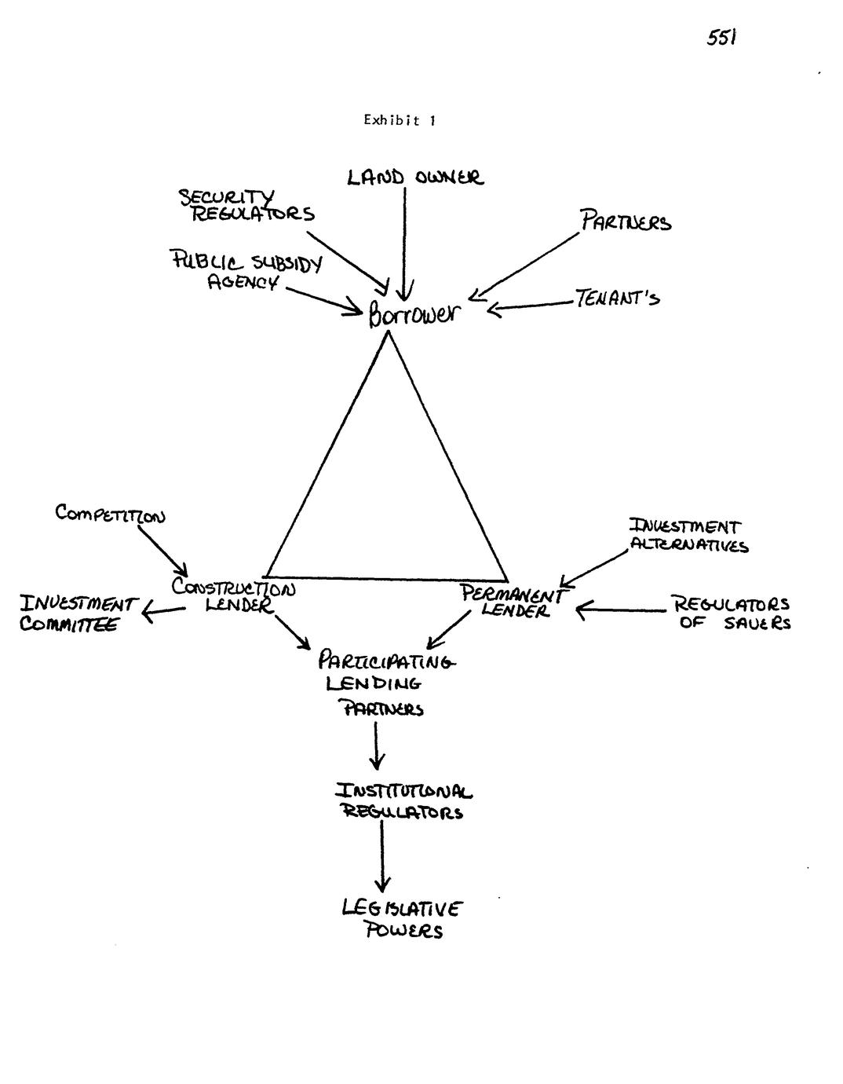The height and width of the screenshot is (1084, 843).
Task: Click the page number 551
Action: click(721, 38)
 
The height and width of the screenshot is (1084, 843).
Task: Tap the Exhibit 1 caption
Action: click(400, 120)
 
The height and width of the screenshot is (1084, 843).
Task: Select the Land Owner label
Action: click(415, 178)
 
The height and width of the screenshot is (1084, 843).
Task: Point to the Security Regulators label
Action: click(246, 205)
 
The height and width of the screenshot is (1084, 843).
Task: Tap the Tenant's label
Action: click(617, 298)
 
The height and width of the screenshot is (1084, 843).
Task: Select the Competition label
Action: click(110, 515)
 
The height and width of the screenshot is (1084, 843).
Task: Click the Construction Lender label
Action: click(234, 596)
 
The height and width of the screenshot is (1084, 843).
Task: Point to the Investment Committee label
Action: click(77, 614)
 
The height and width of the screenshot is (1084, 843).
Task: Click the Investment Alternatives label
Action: click(688, 536)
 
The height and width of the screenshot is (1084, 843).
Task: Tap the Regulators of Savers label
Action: click(730, 613)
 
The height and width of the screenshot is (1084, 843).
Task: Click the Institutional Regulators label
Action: click(404, 800)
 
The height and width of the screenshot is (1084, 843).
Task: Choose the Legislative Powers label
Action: click(403, 920)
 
